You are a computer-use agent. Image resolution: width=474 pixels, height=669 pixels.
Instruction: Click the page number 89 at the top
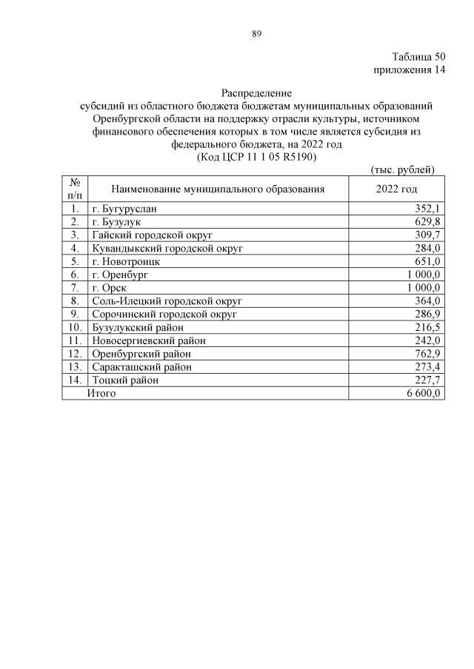[x=256, y=33]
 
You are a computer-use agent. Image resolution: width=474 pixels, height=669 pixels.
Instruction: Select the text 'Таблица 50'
[x=418, y=57]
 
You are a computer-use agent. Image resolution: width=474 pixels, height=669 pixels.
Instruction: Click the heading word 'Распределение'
[x=256, y=93]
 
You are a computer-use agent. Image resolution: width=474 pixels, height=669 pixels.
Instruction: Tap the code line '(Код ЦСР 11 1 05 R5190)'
[x=256, y=158]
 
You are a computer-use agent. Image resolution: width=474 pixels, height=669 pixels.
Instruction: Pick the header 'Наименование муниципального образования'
[x=218, y=189]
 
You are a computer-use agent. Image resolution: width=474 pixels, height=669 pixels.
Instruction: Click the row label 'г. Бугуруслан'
[x=124, y=209]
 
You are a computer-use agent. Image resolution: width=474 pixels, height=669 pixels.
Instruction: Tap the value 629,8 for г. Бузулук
[x=428, y=222]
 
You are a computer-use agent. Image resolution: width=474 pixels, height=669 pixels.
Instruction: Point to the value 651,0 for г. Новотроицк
[x=428, y=261]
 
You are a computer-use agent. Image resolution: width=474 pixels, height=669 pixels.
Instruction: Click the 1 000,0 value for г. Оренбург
[x=424, y=275]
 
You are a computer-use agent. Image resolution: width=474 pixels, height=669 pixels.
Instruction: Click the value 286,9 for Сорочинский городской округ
[x=428, y=315]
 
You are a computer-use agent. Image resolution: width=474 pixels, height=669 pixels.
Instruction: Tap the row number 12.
[x=75, y=354]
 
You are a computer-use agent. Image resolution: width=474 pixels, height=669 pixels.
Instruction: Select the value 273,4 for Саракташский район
[x=428, y=367]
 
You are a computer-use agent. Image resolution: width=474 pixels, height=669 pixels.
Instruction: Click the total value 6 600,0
[x=424, y=394]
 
